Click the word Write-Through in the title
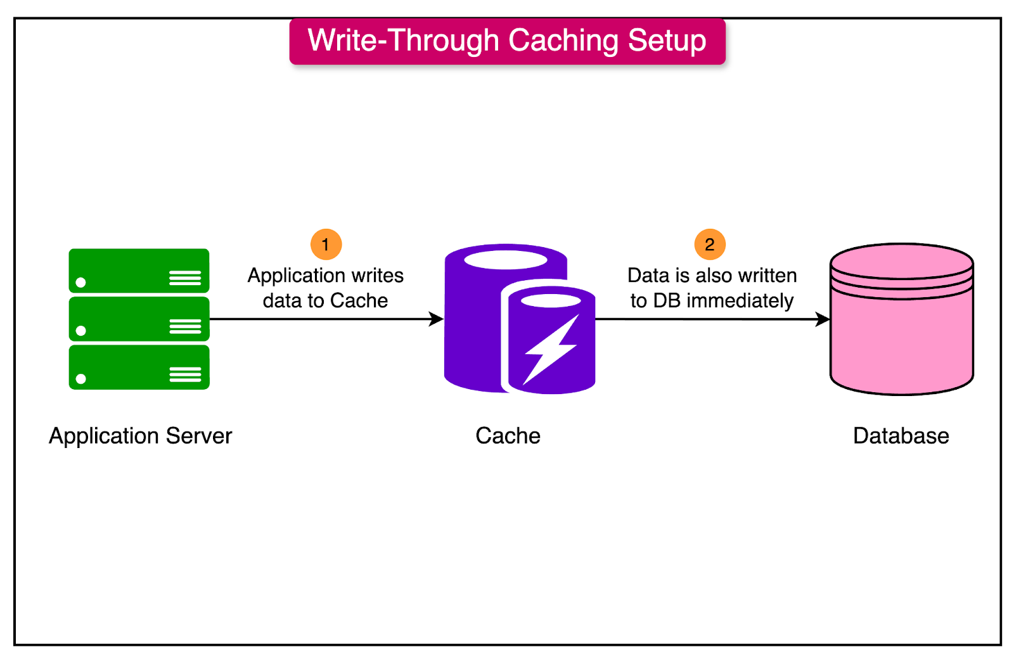403,41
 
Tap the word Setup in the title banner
667,41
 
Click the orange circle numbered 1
326,245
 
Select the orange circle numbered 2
710,245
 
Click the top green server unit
139,271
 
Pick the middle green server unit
139,319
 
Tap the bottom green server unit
139,368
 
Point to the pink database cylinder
901,336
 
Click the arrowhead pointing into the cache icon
437,319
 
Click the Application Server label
141,436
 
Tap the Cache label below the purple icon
508,436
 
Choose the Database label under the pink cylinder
901,436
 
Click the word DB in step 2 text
666,301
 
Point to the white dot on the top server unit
80,282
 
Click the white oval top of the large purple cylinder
505,260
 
